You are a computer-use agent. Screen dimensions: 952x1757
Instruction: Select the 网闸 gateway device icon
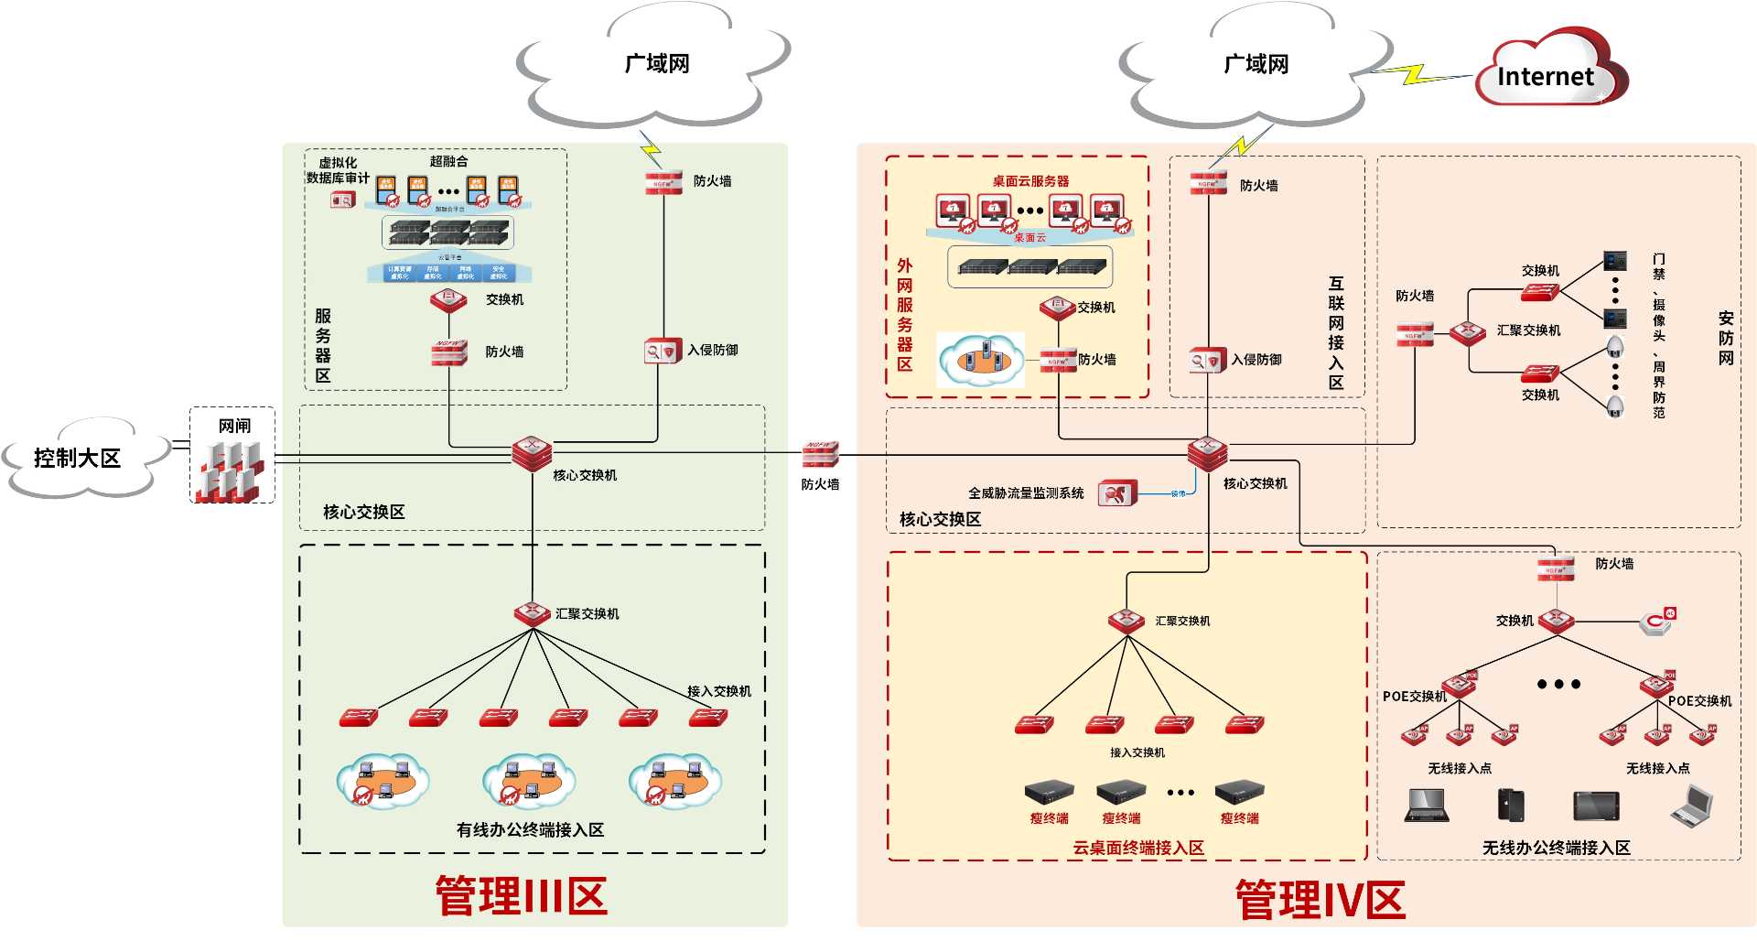232,470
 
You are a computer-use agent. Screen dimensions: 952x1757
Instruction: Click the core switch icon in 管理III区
532,452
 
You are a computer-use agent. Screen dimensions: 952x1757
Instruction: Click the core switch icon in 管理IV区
1207,452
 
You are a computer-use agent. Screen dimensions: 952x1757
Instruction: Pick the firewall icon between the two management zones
820,454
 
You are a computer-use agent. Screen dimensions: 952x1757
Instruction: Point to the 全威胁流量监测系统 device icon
1116,493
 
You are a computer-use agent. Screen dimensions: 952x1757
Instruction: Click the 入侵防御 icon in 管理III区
663,351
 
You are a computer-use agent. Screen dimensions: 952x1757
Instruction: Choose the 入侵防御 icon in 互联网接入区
1206,361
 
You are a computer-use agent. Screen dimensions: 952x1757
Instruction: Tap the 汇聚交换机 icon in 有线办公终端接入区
532,614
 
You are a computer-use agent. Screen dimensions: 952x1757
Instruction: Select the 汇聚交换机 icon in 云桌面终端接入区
1126,622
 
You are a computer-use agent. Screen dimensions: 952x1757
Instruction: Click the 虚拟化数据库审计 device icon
343,200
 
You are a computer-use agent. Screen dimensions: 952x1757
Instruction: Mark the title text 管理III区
521,895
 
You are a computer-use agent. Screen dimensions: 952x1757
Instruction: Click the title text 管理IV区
1320,899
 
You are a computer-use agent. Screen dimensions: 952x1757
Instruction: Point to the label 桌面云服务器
1030,181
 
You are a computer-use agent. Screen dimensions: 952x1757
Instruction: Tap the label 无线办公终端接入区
1556,848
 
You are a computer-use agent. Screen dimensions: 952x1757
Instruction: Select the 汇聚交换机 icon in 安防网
1468,331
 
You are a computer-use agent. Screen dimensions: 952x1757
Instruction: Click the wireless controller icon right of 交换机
1657,622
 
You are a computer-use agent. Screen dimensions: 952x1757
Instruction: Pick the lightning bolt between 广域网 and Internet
1416,73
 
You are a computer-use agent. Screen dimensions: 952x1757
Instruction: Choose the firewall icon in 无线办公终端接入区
1556,568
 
